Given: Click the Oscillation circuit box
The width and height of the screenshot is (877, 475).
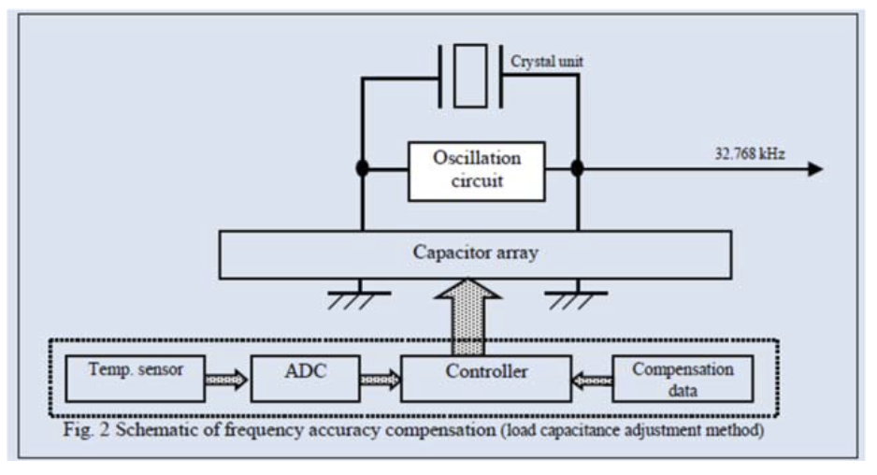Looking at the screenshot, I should click(x=476, y=171).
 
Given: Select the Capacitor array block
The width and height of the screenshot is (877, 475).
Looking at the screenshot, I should click(x=476, y=254).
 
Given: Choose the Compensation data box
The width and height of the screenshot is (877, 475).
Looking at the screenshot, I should click(x=683, y=378).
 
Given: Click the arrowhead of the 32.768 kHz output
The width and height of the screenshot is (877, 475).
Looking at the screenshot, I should click(x=815, y=169).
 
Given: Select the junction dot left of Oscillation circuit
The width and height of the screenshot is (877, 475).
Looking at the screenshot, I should click(x=361, y=169).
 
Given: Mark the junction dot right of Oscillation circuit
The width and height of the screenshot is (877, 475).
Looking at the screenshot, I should click(x=578, y=169).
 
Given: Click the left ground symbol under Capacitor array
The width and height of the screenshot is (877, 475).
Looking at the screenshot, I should click(x=361, y=296).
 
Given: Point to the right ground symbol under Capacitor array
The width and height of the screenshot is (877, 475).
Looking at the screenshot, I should click(x=578, y=296).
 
